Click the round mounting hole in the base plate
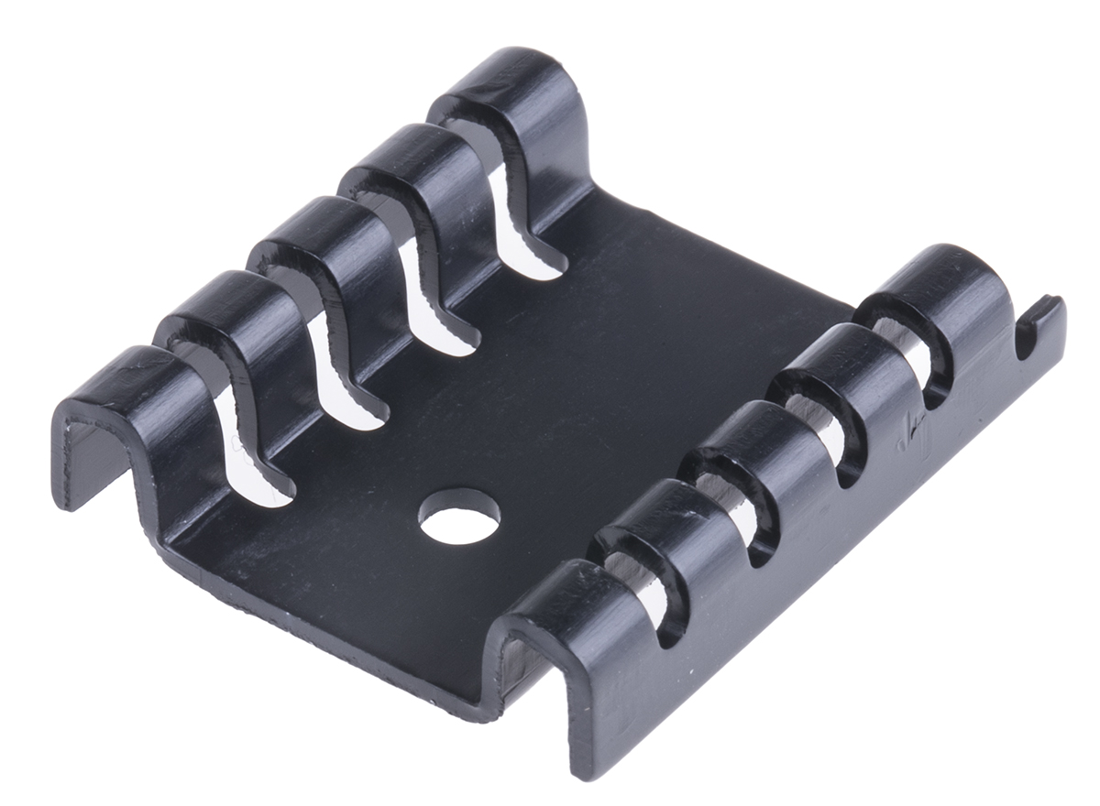[459, 516]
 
